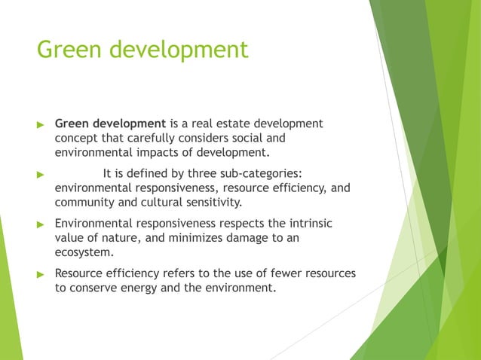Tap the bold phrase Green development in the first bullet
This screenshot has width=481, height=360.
coord(110,123)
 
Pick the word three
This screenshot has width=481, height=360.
coord(207,174)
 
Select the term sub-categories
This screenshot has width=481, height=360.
coord(265,174)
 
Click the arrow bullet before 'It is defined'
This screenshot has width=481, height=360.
coord(41,175)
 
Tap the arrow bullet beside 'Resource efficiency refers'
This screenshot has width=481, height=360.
coord(41,274)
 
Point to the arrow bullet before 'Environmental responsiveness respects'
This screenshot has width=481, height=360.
coord(41,224)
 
